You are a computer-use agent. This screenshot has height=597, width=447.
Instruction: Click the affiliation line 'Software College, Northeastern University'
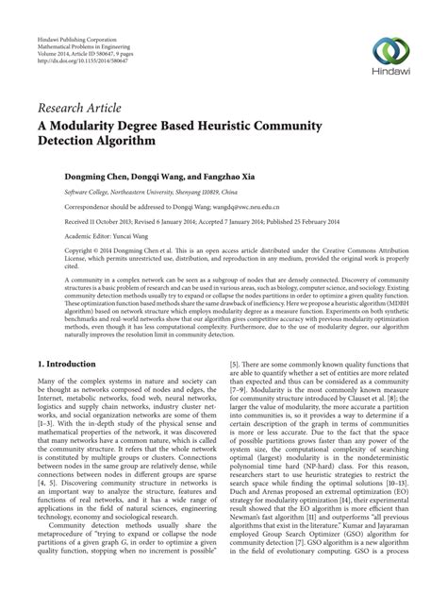click(113, 191)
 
